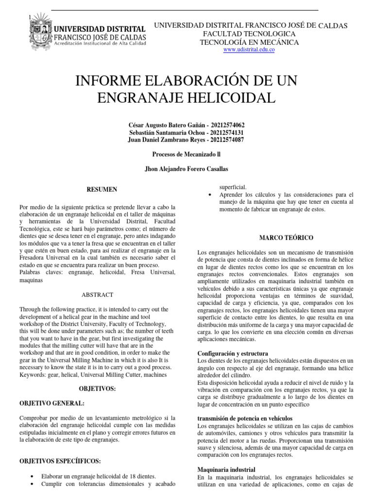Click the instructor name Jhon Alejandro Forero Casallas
pyautogui.click(x=186, y=169)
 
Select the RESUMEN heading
pyautogui.click(x=102, y=189)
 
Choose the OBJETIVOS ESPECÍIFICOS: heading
pyautogui.click(x=60, y=461)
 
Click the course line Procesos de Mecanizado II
pyautogui.click(x=186, y=154)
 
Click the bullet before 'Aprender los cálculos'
pyautogui.click(x=209, y=195)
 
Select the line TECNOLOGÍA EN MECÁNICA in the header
pyautogui.click(x=250, y=42)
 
